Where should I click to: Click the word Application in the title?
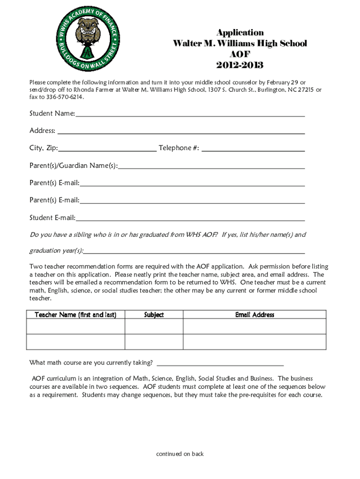point(240,32)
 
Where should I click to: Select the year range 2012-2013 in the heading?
point(240,65)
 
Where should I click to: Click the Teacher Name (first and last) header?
point(75,315)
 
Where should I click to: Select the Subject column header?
point(154,315)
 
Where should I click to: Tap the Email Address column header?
point(254,315)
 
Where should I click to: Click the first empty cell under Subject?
point(154,326)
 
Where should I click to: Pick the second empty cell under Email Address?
point(254,342)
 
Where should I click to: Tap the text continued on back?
point(180,454)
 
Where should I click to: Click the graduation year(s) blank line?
point(194,251)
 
